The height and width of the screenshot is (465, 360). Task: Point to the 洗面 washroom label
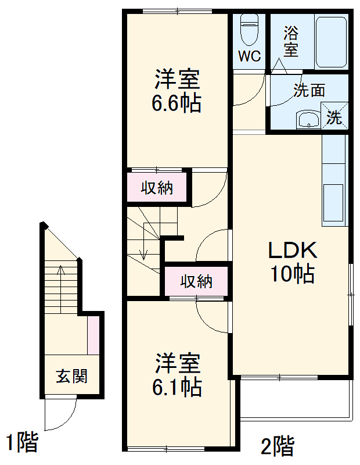[308, 90]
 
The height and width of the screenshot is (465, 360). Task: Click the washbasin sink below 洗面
[308, 120]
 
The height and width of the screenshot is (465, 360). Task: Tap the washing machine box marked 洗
[336, 116]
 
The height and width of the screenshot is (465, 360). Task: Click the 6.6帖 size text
[177, 103]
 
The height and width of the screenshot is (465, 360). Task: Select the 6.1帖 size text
[178, 387]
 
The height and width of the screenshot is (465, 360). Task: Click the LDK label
[292, 251]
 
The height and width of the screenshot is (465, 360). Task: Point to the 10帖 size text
[292, 273]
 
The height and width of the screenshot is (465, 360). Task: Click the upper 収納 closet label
[157, 188]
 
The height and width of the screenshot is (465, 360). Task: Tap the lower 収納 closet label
[196, 282]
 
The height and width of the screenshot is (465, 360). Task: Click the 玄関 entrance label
[72, 376]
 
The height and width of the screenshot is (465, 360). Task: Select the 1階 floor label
[22, 443]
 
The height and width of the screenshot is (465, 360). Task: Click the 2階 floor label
[277, 446]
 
